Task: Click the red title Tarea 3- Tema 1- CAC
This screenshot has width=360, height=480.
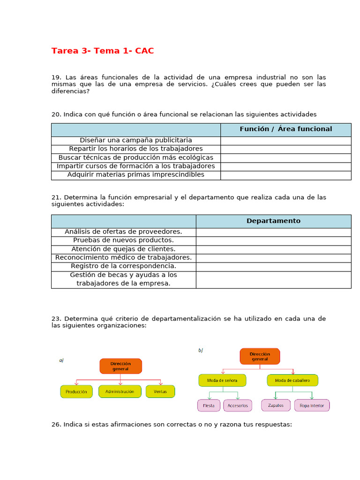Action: [x=103, y=51]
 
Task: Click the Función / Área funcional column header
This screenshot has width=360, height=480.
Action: [x=285, y=129]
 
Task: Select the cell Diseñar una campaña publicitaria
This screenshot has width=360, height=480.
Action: [x=136, y=140]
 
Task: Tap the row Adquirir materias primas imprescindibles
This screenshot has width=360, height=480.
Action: [x=136, y=175]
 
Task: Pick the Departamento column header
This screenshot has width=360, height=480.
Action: [x=273, y=221]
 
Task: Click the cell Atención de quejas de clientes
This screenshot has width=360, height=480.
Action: [x=124, y=249]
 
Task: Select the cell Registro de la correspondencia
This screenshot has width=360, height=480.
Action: [x=124, y=266]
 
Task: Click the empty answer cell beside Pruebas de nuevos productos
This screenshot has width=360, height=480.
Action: [x=273, y=240]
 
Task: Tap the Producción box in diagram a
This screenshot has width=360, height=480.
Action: [x=76, y=391]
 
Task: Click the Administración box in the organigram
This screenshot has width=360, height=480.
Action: [x=120, y=391]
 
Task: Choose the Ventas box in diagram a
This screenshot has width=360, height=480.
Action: [x=160, y=391]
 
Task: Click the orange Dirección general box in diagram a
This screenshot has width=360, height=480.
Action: [x=120, y=366]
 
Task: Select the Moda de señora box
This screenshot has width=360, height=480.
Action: [x=222, y=380]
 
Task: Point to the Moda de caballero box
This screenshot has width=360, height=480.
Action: [x=292, y=380]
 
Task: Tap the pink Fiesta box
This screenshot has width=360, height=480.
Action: [x=209, y=405]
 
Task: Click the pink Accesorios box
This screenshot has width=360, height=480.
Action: [x=238, y=405]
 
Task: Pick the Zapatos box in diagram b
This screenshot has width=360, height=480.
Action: [x=276, y=405]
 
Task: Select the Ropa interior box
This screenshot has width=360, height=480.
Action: [x=312, y=405]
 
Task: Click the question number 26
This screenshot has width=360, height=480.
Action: [x=56, y=425]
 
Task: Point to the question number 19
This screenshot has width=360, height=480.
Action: [x=56, y=77]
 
